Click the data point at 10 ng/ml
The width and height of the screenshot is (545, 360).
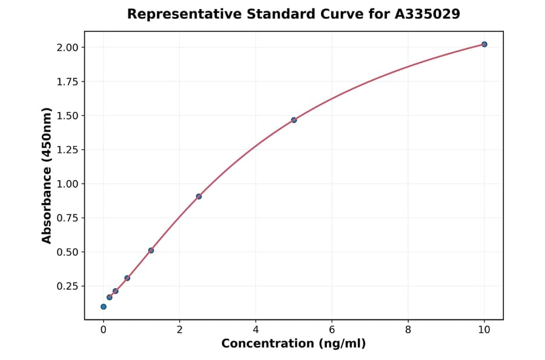coord(484,44)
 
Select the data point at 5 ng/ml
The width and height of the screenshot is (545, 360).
coord(294,120)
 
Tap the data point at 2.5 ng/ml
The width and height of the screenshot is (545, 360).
coord(199,196)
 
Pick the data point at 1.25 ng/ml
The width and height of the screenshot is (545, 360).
coord(151,250)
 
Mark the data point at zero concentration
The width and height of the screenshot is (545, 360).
coord(104,307)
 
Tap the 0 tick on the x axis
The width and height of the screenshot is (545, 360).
coord(104,330)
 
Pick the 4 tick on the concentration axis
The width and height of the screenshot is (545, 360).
coord(256,330)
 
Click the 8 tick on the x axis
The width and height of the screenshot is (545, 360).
coord(408,330)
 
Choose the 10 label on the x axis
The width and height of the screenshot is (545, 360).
coord(484,330)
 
